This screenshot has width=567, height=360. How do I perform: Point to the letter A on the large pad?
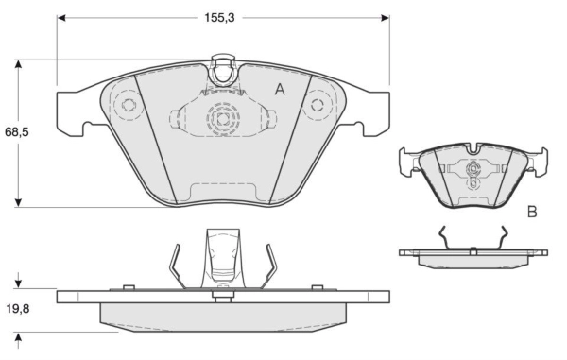(280, 90)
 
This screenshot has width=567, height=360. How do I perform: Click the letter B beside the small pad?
(532, 213)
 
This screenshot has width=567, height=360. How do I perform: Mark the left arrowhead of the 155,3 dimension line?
(62, 17)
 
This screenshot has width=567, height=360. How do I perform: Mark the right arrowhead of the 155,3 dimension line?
(386, 17)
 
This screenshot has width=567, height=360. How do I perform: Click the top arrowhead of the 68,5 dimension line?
(18, 65)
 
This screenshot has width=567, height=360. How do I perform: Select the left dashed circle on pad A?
(127, 106)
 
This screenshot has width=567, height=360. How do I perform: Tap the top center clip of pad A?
(223, 72)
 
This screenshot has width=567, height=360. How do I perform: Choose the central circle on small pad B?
(472, 170)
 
